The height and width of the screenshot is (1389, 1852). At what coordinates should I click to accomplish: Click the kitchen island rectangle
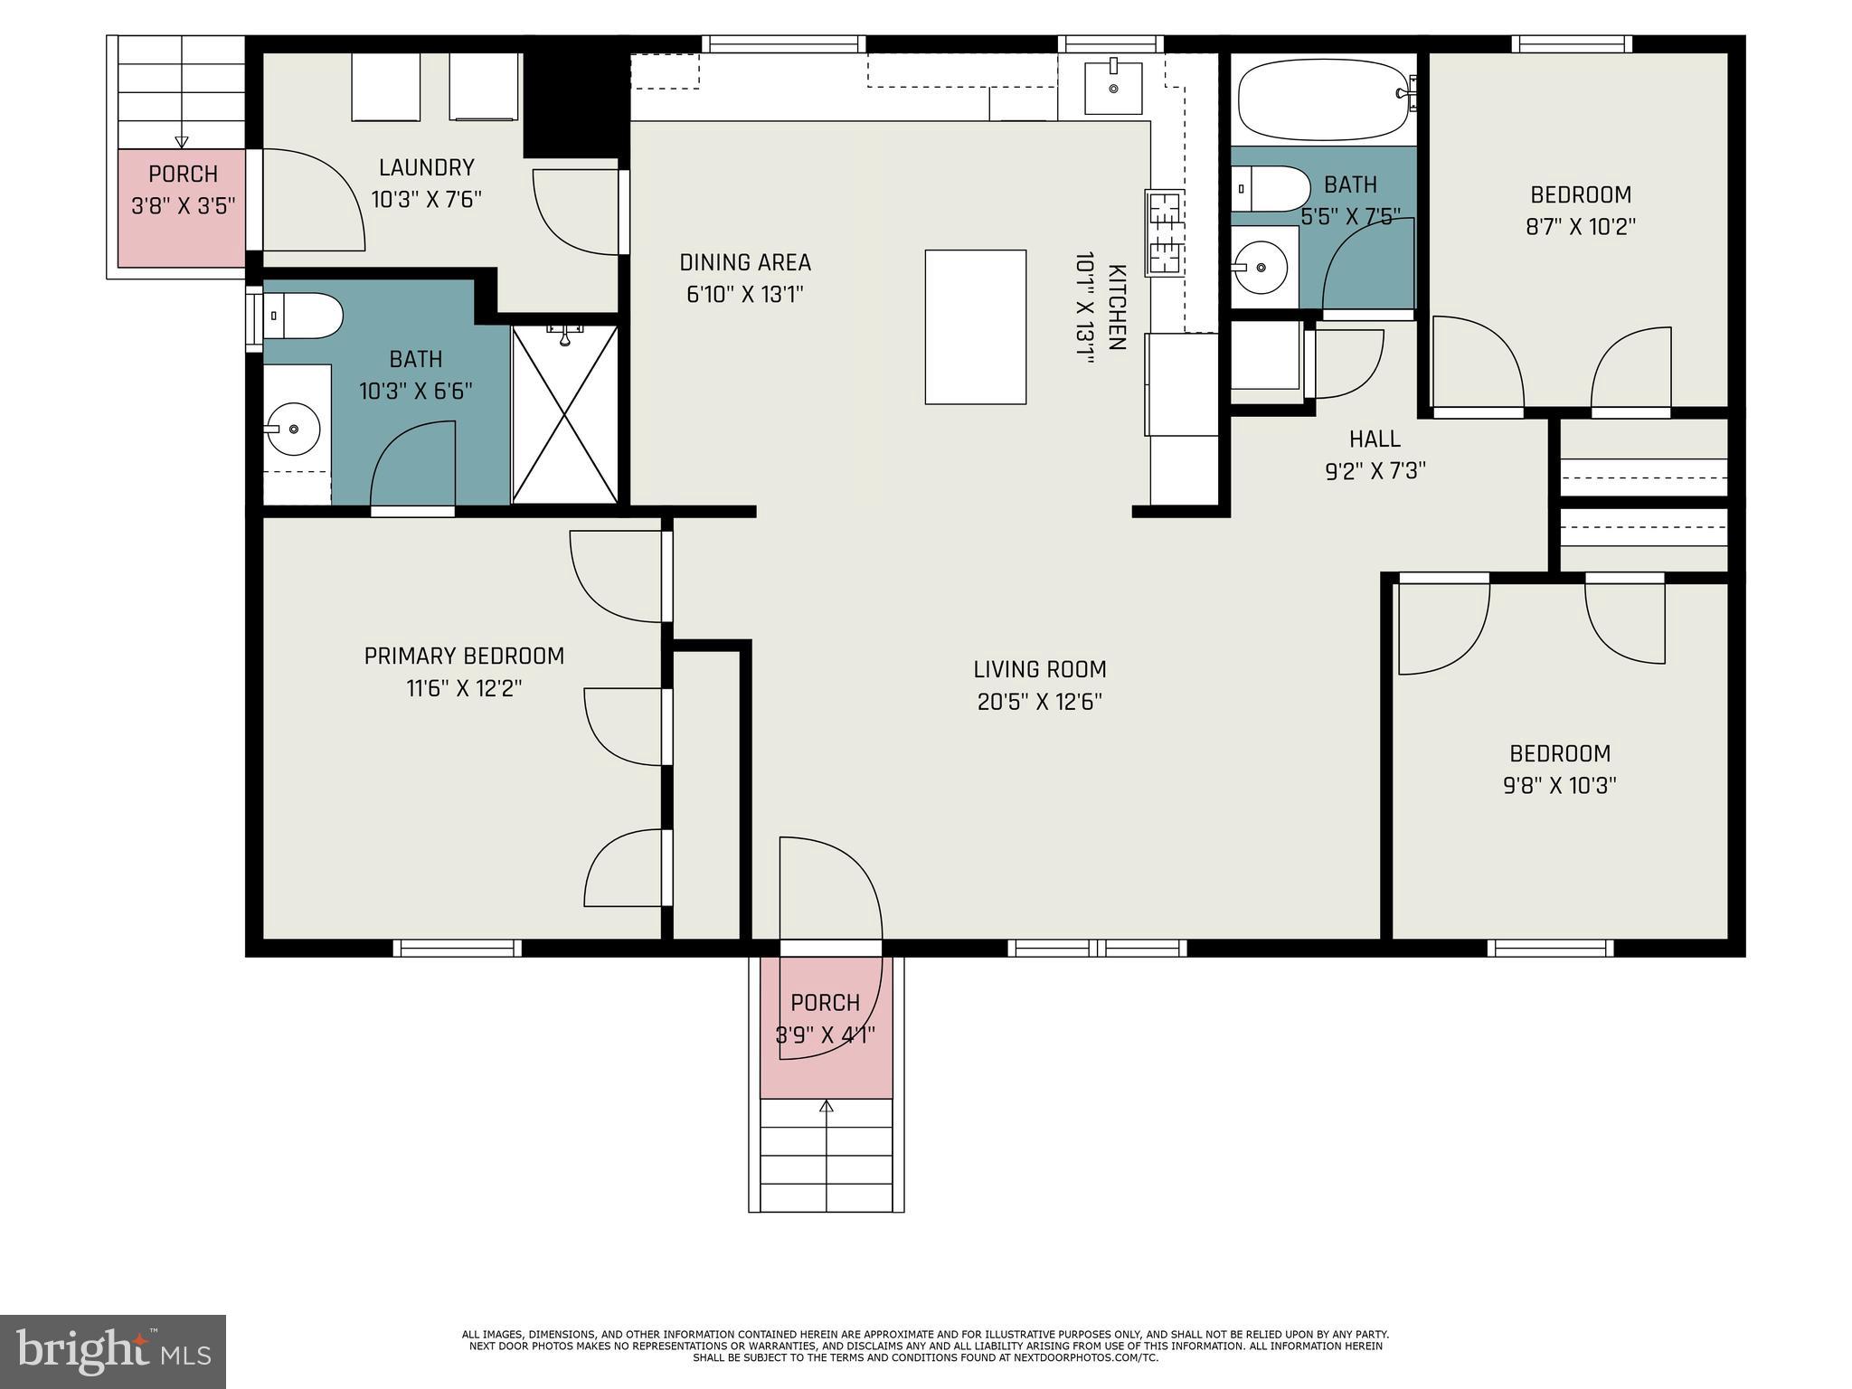(975, 326)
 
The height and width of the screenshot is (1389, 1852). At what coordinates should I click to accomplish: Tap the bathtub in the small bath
(1321, 99)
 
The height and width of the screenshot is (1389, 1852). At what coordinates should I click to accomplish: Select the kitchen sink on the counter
(1113, 87)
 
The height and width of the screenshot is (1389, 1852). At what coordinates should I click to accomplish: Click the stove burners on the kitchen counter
(1164, 232)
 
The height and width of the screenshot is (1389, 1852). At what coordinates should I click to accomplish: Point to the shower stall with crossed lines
(565, 415)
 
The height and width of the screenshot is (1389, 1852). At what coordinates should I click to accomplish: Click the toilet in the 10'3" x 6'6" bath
(302, 316)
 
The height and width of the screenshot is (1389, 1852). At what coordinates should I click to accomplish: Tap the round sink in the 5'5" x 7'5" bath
(1261, 267)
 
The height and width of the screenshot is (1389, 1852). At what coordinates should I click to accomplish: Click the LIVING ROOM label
(1040, 670)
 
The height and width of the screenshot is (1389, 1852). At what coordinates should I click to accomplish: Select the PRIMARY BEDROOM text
(464, 657)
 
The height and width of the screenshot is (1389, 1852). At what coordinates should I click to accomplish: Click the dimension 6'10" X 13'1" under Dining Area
(745, 295)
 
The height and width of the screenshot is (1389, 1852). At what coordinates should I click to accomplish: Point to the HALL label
(1375, 439)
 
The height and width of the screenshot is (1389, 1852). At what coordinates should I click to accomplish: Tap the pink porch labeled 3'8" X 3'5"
(182, 207)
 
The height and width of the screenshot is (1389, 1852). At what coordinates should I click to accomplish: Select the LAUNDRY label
(426, 167)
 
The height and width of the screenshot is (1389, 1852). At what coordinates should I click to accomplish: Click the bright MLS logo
(113, 1351)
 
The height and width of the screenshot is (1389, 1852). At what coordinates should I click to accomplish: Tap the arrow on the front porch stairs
(826, 1106)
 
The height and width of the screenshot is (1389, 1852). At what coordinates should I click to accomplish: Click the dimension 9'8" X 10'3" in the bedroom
(1560, 786)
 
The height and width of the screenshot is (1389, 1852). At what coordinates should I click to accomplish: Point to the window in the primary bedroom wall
(458, 948)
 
